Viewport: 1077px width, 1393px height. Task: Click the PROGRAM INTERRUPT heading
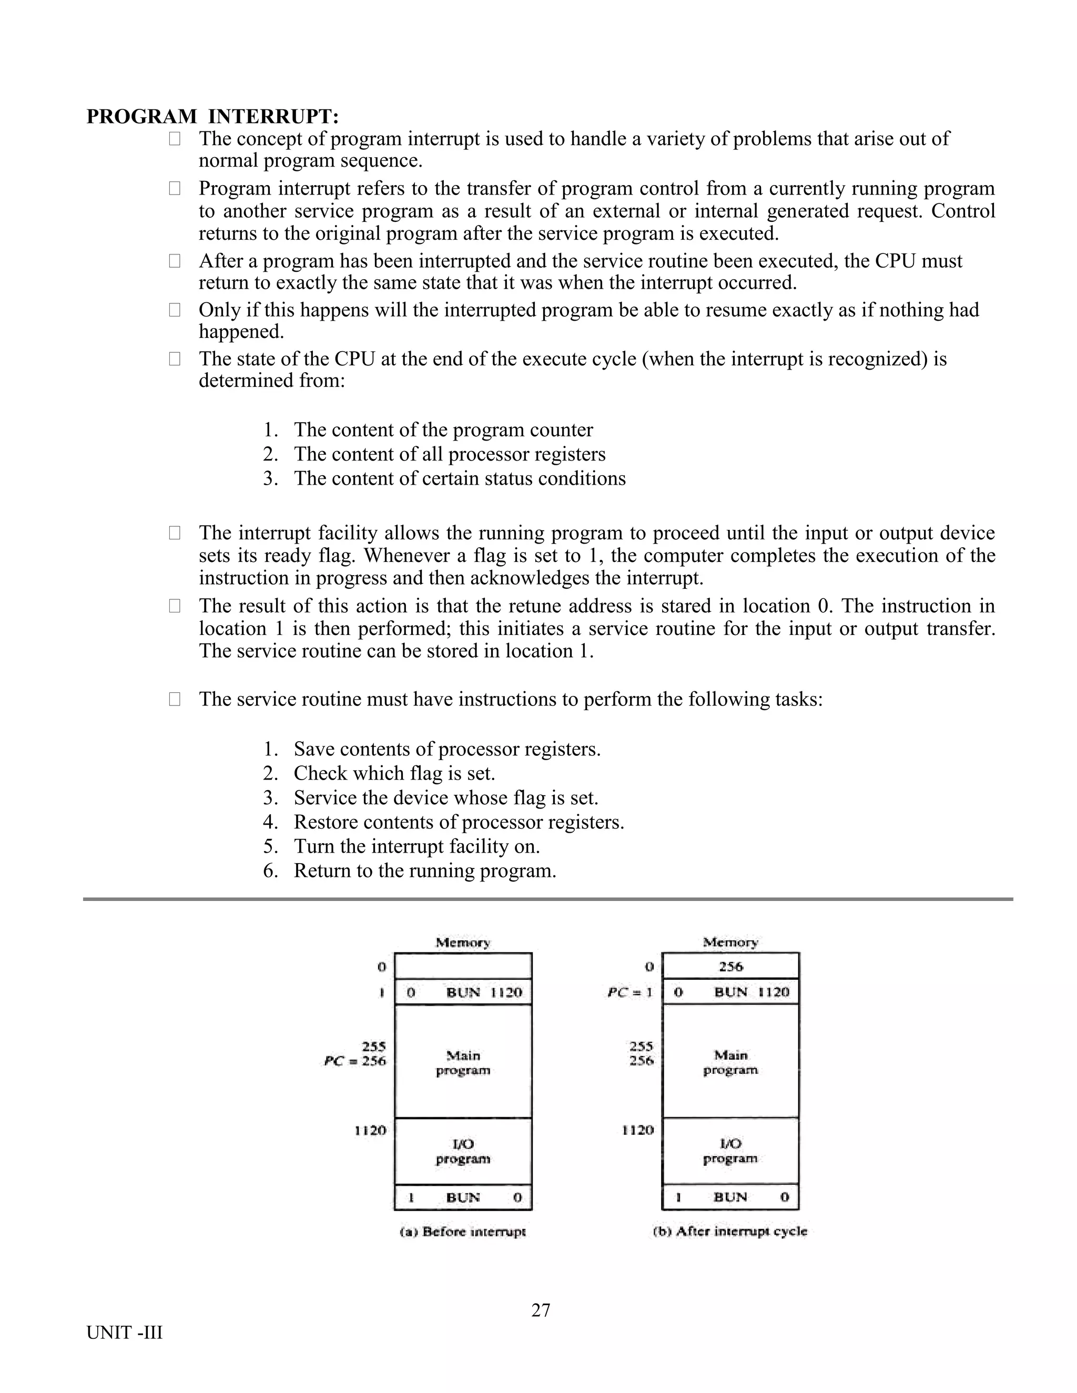pyautogui.click(x=212, y=117)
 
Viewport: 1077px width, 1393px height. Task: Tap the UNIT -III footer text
pyautogui.click(x=125, y=1333)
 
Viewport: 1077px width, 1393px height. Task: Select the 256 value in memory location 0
pyautogui.click(x=730, y=966)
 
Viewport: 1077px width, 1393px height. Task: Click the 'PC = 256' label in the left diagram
pyautogui.click(x=355, y=1061)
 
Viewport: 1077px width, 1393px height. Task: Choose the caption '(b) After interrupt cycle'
pyautogui.click(x=730, y=1232)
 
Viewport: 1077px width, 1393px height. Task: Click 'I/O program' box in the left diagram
pyautogui.click(x=463, y=1151)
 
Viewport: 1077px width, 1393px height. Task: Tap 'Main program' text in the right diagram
pyautogui.click(x=730, y=1062)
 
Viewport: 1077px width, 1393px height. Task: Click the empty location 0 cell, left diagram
pyautogui.click(x=463, y=966)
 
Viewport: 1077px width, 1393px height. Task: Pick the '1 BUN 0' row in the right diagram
pyautogui.click(x=730, y=1197)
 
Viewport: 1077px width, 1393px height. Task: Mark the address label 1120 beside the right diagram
pyautogui.click(x=638, y=1130)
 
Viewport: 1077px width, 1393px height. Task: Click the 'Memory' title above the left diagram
pyautogui.click(x=463, y=943)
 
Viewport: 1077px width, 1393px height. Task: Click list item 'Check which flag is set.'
pyautogui.click(x=394, y=773)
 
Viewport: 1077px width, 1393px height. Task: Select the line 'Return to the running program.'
pyautogui.click(x=424, y=870)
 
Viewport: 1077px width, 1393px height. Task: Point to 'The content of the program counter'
pyautogui.click(x=443, y=430)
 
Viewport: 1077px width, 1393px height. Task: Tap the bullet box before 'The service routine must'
pyautogui.click(x=174, y=700)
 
